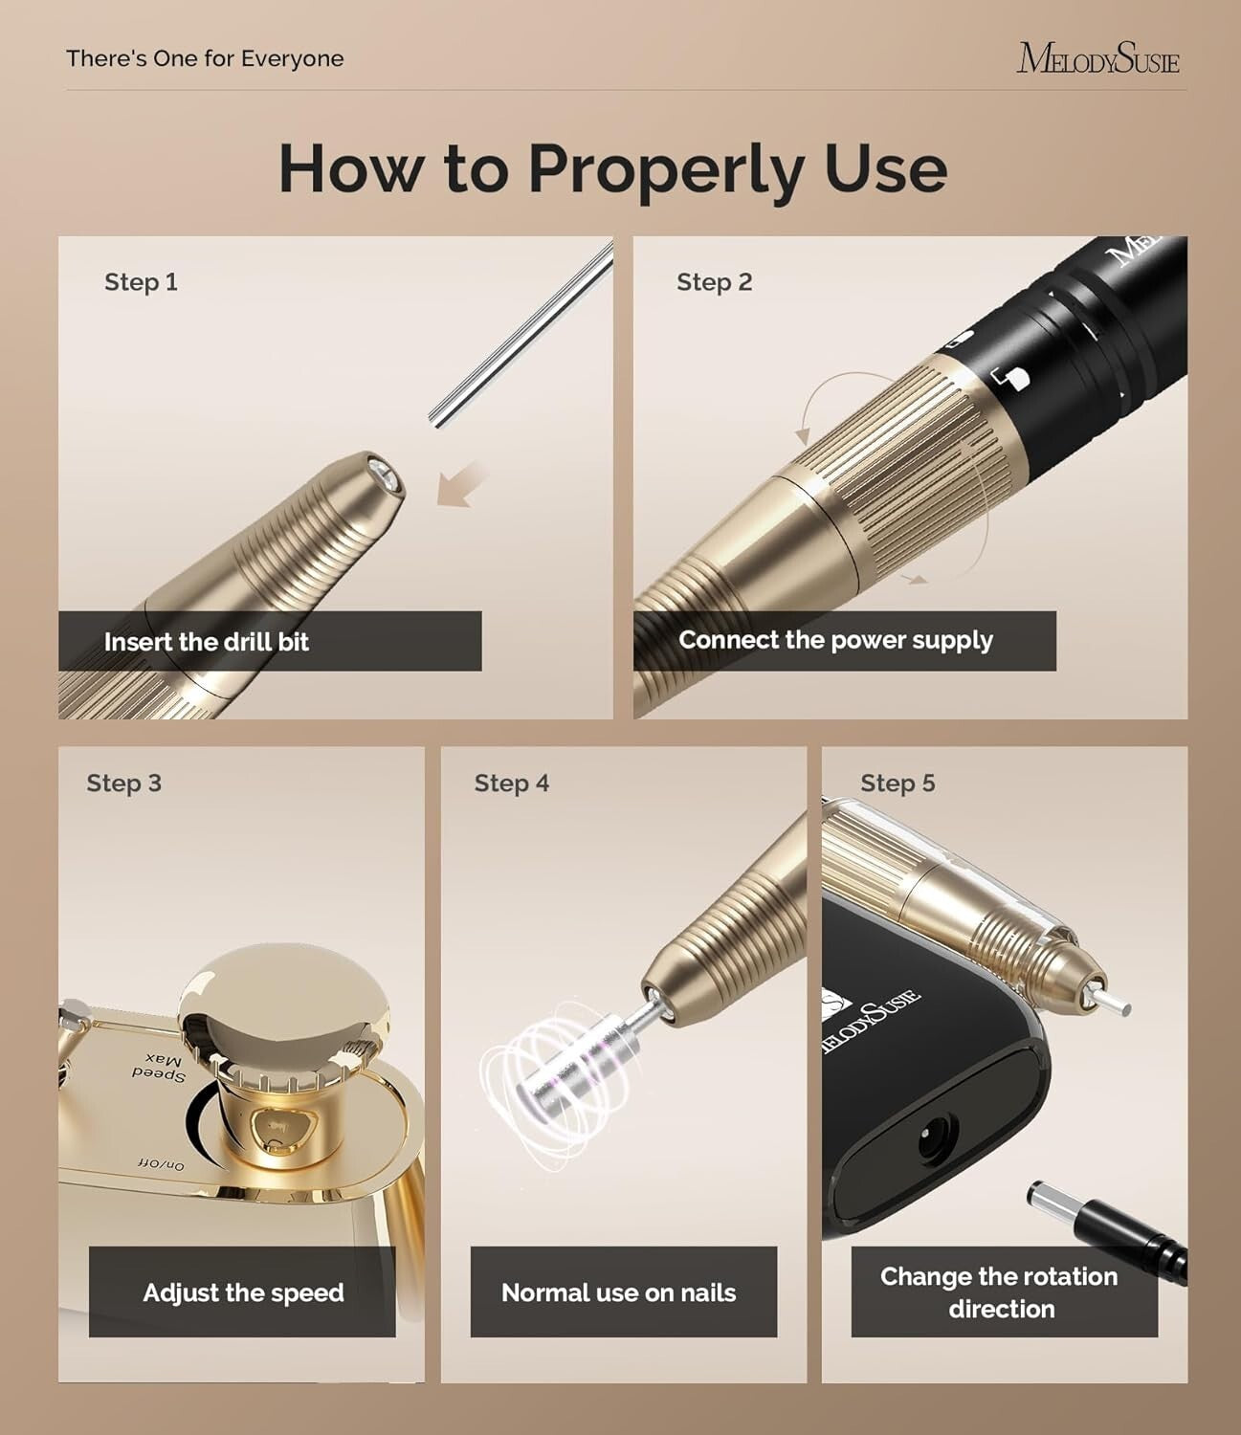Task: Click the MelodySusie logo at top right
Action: (1097, 57)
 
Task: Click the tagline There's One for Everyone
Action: (205, 58)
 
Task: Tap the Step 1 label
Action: (141, 282)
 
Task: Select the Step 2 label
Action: (714, 282)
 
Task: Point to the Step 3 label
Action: (123, 784)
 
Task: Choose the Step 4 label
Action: (511, 784)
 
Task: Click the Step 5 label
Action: (897, 784)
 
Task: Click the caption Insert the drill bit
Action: (207, 642)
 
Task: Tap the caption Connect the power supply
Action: (835, 640)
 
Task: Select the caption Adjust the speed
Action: (243, 1293)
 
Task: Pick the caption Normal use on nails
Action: (618, 1293)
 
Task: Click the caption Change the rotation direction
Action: (1000, 1292)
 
